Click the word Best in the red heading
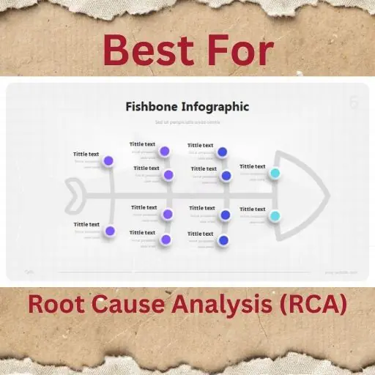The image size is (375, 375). tap(145, 51)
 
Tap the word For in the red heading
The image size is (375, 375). tap(237, 51)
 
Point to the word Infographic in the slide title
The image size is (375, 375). tap(215, 106)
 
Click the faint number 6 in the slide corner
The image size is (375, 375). tap(354, 103)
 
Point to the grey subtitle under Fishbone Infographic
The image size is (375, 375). tap(187, 122)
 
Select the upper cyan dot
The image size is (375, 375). tap(275, 173)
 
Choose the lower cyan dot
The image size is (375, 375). tap(275, 216)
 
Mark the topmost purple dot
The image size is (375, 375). tap(165, 152)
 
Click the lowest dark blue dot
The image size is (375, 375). tap(223, 240)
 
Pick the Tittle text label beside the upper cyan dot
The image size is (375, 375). tap(253, 166)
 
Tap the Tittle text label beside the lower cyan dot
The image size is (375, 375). tap(253, 209)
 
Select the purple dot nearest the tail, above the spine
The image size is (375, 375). tap(108, 160)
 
